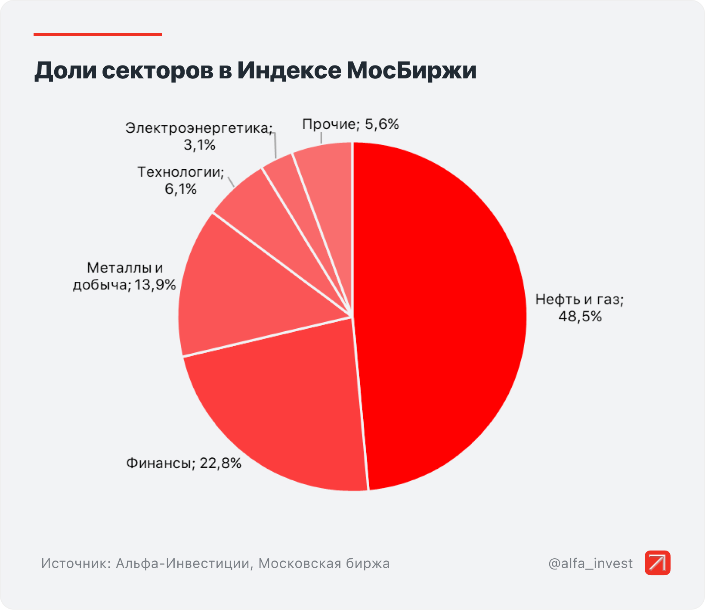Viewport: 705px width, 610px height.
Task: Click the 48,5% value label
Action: (580, 317)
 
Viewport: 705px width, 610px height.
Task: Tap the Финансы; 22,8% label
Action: (184, 463)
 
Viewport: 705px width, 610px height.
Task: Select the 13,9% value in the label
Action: (155, 285)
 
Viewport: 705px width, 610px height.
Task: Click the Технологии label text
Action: (180, 172)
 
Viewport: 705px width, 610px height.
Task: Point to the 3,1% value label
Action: (199, 145)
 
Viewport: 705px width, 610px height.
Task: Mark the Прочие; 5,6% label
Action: (350, 124)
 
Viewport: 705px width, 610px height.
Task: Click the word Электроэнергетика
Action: (198, 128)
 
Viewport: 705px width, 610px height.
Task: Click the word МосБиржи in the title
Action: (411, 71)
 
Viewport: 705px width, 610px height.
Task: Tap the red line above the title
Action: (98, 34)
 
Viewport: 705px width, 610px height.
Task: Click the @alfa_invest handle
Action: (591, 563)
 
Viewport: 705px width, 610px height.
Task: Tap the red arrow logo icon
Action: (657, 563)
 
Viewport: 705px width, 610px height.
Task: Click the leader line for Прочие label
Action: (321, 137)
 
